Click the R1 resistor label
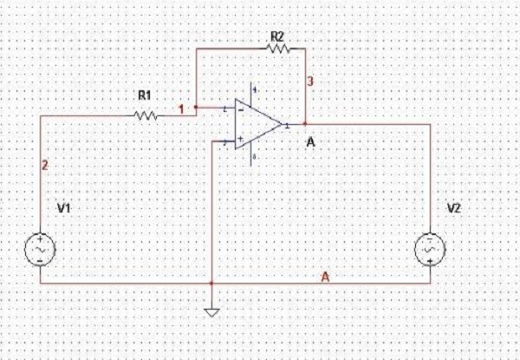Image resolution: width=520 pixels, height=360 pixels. click(x=143, y=96)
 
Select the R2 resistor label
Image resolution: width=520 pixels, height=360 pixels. click(x=277, y=36)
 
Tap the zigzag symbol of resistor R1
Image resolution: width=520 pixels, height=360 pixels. click(x=144, y=114)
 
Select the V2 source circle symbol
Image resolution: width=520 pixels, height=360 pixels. click(x=431, y=248)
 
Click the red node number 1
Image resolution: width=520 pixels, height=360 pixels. click(x=181, y=109)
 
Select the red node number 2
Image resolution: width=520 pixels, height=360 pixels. click(x=45, y=163)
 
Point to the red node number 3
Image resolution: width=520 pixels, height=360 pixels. click(x=309, y=82)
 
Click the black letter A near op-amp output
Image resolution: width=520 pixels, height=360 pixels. click(x=309, y=141)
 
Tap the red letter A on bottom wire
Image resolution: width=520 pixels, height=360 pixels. click(x=326, y=277)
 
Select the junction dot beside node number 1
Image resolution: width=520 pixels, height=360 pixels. click(x=195, y=109)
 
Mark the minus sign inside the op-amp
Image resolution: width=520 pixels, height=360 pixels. click(x=239, y=111)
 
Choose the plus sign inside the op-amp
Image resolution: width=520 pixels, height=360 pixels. click(x=239, y=137)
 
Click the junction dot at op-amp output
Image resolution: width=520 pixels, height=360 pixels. click(x=305, y=124)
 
